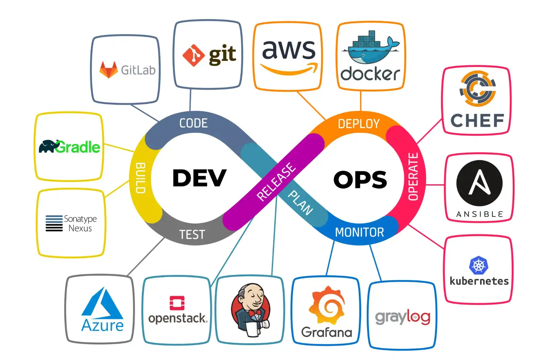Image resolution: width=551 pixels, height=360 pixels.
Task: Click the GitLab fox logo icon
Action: [108, 70]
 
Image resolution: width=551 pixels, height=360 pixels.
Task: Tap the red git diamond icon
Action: [194, 55]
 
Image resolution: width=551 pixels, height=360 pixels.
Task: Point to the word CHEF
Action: [477, 121]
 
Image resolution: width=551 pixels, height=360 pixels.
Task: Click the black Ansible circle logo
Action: [479, 183]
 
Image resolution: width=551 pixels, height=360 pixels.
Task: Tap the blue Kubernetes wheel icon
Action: [479, 266]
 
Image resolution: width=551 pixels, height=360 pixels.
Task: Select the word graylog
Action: [403, 317]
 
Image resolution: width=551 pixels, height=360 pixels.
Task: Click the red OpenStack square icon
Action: [177, 303]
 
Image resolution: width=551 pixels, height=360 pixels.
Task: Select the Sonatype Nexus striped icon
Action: [54, 223]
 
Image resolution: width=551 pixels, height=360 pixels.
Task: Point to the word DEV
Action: [199, 178]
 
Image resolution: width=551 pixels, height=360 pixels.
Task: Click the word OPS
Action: [360, 179]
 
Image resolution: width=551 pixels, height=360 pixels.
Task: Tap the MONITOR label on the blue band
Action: [359, 233]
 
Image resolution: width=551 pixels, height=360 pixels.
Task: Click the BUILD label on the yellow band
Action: [141, 178]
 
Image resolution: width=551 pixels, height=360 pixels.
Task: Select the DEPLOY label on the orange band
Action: [358, 124]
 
